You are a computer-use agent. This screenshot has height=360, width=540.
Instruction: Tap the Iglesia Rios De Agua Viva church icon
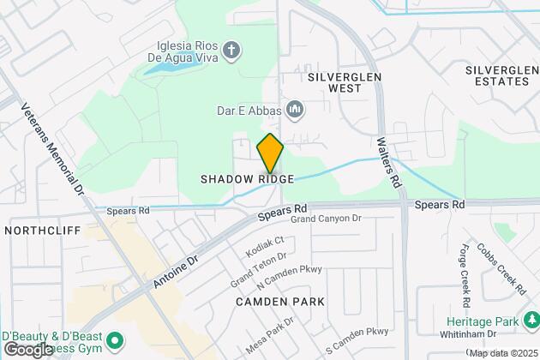229,51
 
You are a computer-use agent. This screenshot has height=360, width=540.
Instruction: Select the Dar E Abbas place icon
296,109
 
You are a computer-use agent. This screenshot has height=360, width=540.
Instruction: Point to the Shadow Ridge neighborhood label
247,179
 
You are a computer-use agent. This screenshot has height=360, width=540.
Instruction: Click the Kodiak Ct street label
264,247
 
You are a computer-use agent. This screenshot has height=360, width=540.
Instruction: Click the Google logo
28,350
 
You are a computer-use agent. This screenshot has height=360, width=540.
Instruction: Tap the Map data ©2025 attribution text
502,353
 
